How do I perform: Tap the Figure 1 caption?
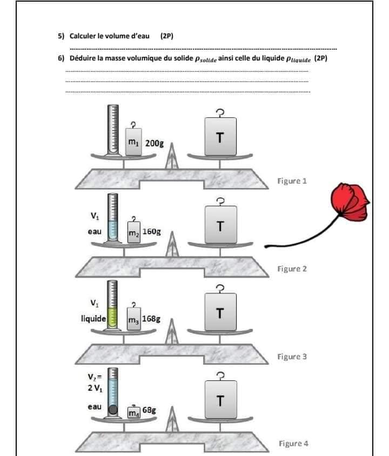tap(292, 181)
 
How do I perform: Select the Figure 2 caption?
tap(292, 269)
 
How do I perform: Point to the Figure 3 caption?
tap(292, 357)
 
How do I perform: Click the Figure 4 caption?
tap(293, 444)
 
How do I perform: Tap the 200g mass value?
tap(155, 144)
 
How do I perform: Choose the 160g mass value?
tap(152, 232)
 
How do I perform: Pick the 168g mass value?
tap(151, 319)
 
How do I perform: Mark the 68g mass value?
tap(149, 411)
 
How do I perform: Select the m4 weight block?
tap(133, 413)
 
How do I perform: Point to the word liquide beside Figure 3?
tap(93, 319)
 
